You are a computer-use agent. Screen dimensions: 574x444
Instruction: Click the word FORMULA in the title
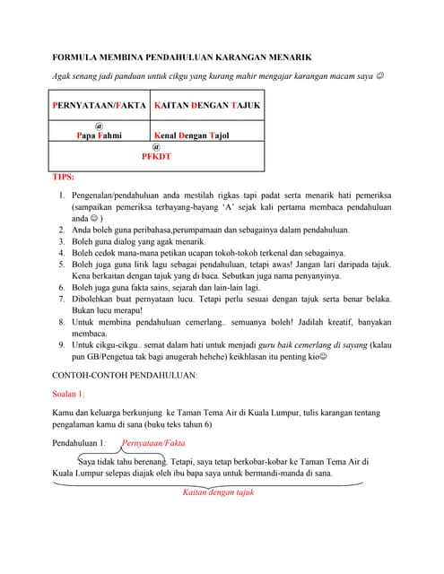73,57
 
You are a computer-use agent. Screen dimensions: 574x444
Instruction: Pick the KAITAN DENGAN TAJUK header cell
207,106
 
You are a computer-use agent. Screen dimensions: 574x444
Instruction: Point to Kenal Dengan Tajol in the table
192,135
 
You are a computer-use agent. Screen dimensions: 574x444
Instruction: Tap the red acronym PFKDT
156,156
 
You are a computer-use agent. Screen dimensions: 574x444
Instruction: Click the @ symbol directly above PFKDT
156,146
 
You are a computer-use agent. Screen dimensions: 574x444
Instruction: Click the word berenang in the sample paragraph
139,461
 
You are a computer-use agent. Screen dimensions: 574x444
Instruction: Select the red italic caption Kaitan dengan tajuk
219,492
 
